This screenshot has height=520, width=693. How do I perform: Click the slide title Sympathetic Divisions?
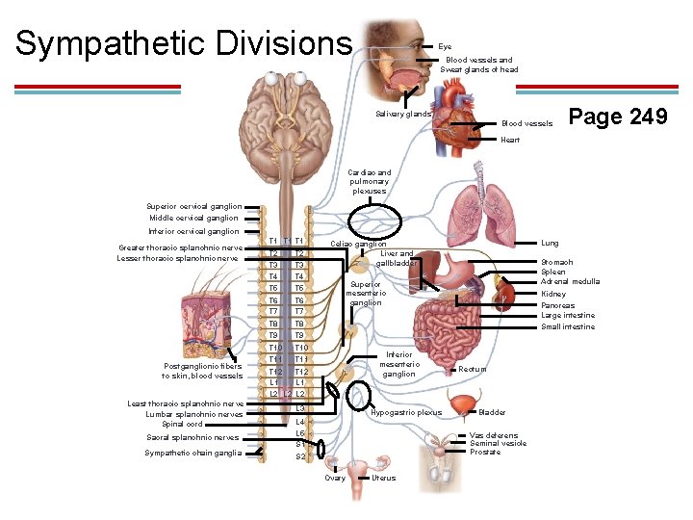(x=184, y=43)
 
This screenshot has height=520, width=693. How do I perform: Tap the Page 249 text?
(x=618, y=117)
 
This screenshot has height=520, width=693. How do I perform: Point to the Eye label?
(x=445, y=46)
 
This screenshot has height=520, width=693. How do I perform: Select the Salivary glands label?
(x=403, y=114)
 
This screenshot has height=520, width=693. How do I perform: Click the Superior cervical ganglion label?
(x=192, y=206)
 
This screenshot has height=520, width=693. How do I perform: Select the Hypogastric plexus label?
(x=405, y=413)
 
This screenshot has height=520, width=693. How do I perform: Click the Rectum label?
(x=473, y=370)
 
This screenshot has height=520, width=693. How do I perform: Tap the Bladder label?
(x=492, y=412)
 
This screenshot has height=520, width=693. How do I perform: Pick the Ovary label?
(x=335, y=479)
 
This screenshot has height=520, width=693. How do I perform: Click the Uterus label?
(x=383, y=479)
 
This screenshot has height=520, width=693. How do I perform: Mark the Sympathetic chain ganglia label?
(x=192, y=453)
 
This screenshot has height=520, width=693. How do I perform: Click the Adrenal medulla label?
(x=570, y=281)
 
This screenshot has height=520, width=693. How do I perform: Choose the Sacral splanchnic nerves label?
(x=193, y=437)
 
